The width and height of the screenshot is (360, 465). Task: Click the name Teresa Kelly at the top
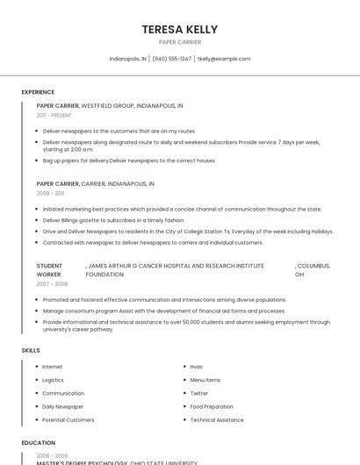tap(179, 29)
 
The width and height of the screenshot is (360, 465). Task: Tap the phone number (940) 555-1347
tap(171, 59)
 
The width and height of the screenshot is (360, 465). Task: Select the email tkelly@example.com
tap(224, 59)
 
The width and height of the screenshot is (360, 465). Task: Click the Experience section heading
tap(38, 92)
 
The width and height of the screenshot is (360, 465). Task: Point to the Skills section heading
tap(31, 350)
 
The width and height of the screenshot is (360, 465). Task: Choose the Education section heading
tap(39, 443)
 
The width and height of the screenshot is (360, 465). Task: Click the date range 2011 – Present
tap(54, 115)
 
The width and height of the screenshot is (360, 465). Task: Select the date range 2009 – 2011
tap(50, 193)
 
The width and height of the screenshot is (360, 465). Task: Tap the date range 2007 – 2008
tap(52, 284)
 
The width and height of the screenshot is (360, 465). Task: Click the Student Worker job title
tap(49, 269)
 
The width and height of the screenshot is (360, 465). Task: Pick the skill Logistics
tap(53, 380)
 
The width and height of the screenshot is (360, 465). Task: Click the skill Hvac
tap(197, 367)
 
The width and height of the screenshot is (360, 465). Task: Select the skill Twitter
tap(199, 393)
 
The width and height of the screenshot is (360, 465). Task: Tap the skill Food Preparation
tap(212, 406)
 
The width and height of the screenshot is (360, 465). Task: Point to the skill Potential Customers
tap(68, 419)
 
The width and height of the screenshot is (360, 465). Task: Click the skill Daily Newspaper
tap(63, 406)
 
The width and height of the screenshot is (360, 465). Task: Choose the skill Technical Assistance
tap(217, 419)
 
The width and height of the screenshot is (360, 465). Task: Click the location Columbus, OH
tap(312, 269)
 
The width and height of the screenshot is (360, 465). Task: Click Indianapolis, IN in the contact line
tap(127, 59)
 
